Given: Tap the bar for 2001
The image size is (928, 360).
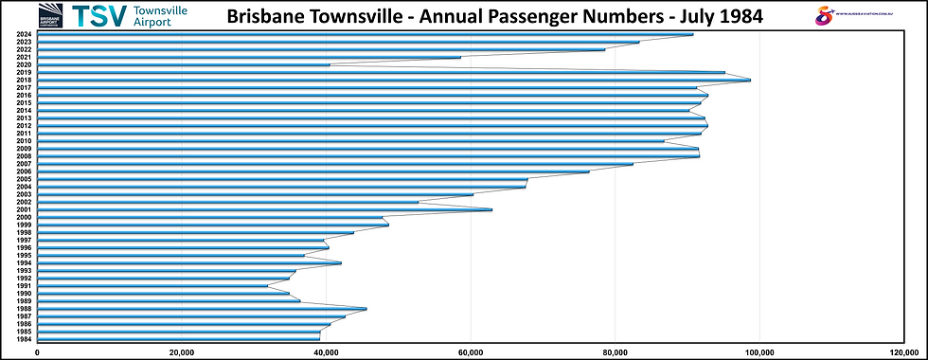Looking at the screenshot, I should click(264, 209).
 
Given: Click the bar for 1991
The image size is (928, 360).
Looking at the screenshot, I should click(152, 286).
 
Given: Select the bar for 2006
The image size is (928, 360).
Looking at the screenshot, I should click(312, 171).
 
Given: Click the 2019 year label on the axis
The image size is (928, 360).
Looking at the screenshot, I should click(24, 72).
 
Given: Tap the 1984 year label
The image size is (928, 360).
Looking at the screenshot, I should click(24, 339).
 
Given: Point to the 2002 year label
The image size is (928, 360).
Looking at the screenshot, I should click(24, 202).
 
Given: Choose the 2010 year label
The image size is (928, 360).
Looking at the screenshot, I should click(24, 141).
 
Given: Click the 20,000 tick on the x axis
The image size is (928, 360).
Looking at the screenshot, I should click(182, 351).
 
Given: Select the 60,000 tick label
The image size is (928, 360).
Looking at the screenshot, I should click(471, 351).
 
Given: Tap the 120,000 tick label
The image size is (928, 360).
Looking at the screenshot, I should click(904, 351).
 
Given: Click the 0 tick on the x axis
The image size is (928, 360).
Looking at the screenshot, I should click(37, 351).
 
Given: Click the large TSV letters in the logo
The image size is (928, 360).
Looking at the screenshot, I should click(98, 16).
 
